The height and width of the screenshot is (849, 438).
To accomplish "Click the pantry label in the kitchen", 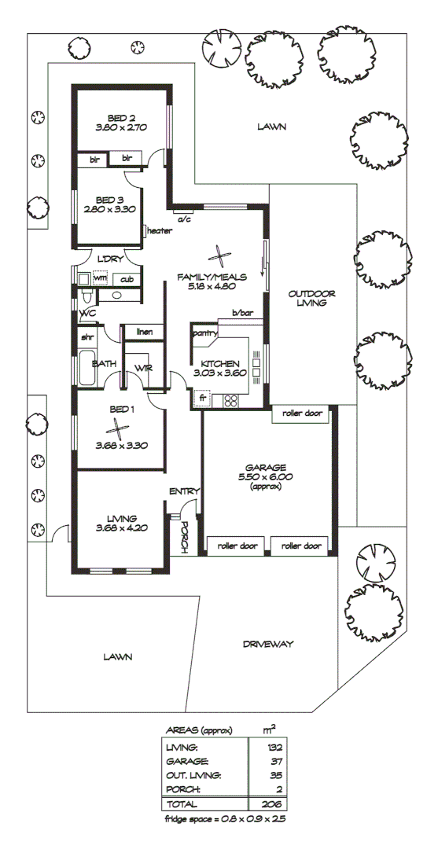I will coord(204,333).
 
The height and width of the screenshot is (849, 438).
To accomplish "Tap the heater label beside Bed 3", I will coord(159,230).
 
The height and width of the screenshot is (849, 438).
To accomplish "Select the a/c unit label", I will coord(185,219).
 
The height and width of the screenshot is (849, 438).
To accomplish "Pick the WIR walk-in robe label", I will coord(142,368).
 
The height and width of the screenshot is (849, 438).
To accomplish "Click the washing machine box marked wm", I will coord(100,278).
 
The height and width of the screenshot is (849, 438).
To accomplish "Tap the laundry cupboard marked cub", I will coord(126,278).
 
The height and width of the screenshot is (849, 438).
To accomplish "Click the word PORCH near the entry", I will coord(183,538).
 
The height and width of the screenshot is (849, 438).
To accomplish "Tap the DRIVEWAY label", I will coord(268,644).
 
